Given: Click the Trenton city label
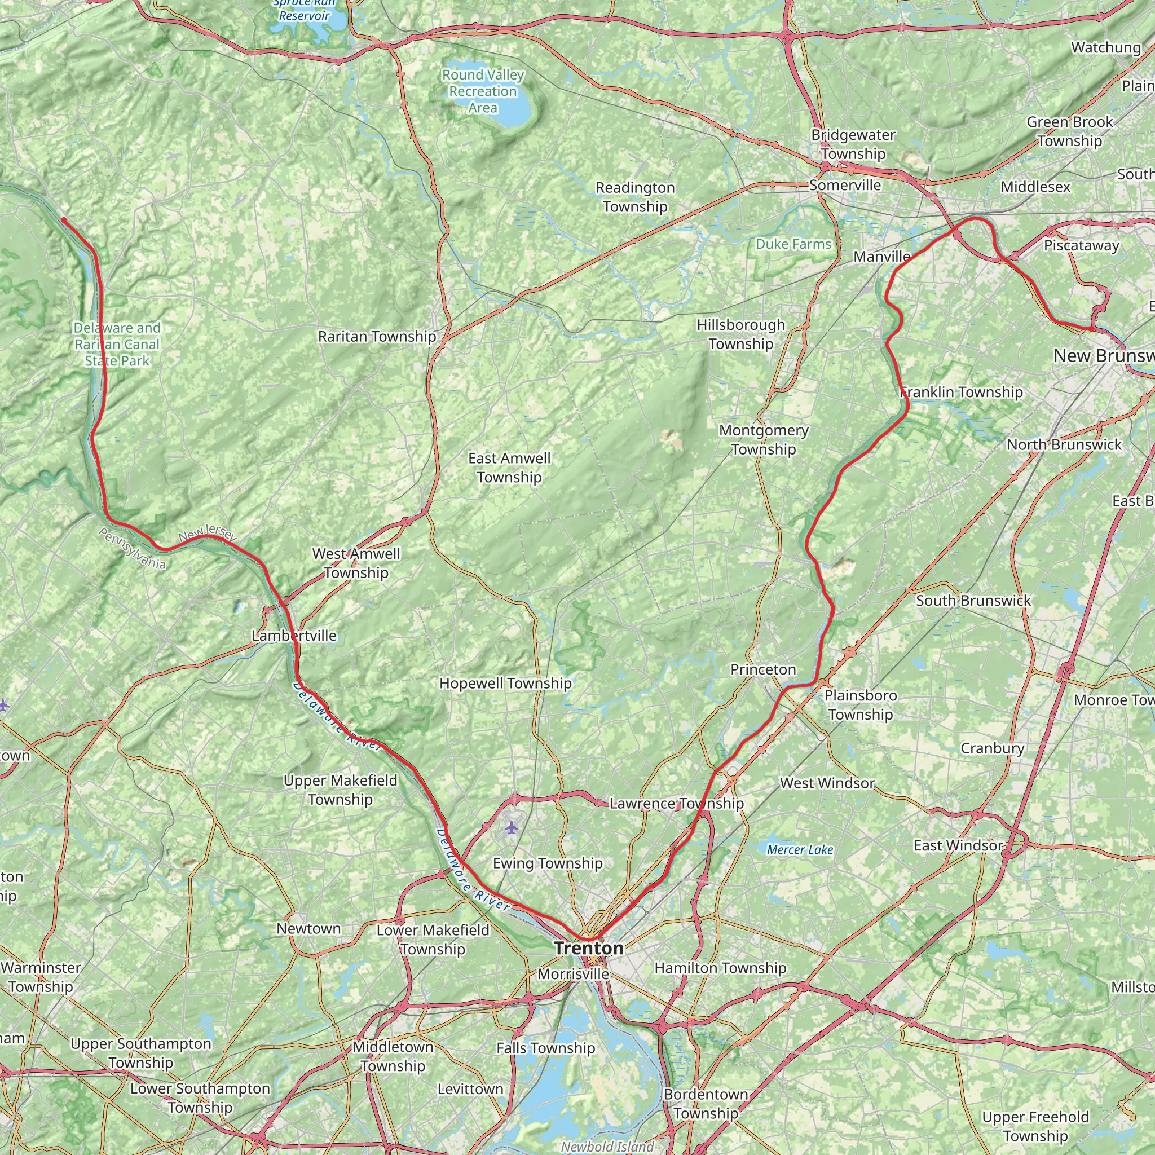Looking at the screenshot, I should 589,948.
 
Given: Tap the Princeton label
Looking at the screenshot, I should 763,669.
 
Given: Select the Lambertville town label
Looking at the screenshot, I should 294,636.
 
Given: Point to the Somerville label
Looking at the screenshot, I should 845,186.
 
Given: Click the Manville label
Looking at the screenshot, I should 881,257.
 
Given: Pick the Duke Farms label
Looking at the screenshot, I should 793,244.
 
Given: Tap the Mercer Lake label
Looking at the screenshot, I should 800,849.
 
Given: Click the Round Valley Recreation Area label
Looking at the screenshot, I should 483,91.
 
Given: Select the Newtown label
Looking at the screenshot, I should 308,928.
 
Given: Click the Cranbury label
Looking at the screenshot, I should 993,748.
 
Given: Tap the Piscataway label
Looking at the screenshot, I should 1082,246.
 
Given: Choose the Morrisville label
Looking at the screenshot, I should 574,974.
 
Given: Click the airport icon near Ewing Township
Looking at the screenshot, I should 511,827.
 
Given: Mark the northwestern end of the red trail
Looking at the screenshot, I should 63,220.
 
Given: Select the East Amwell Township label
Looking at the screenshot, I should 509,468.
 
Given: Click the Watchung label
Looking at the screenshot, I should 1106,47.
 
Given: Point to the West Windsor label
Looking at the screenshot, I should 827,783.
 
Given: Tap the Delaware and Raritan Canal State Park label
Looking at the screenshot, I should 117,345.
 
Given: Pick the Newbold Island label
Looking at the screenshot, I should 607,1146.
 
